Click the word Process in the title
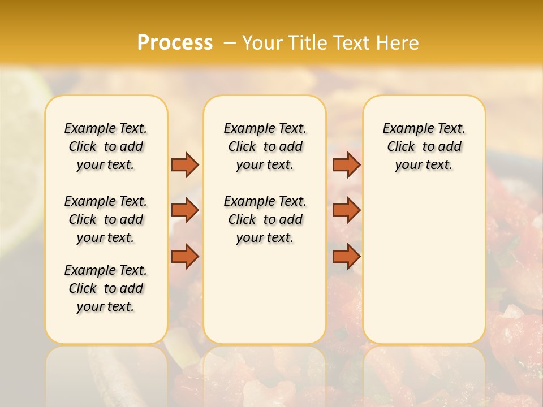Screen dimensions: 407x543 (x=175, y=42)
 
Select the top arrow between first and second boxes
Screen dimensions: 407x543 (x=185, y=164)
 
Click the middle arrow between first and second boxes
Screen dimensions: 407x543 (x=185, y=210)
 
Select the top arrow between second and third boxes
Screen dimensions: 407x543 (x=346, y=164)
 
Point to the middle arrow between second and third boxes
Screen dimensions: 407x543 (x=346, y=210)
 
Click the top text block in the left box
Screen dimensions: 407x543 (x=106, y=146)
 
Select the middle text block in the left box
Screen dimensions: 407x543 (x=106, y=219)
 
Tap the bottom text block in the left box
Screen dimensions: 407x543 (x=106, y=288)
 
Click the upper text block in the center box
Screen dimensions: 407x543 (x=265, y=146)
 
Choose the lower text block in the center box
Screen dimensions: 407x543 (x=265, y=219)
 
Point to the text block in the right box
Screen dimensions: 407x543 (x=424, y=146)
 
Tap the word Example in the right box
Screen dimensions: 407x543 (x=404, y=129)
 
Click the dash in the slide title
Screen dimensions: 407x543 (x=230, y=42)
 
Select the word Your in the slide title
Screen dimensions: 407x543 (x=262, y=42)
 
